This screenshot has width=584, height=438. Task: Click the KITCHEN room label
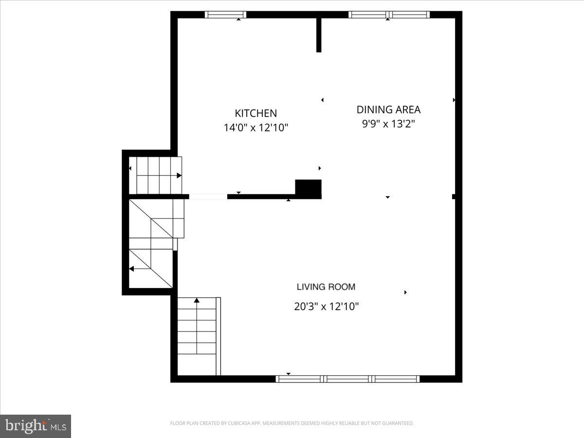[255, 113]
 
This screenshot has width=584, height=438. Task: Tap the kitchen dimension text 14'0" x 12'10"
[255, 128]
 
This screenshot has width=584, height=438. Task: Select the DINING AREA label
[388, 109]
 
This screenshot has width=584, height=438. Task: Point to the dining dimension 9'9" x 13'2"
[388, 124]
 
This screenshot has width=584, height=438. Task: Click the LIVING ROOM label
[326, 287]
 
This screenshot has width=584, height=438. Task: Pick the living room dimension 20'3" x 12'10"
[326, 307]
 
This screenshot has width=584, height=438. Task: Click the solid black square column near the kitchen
[308, 189]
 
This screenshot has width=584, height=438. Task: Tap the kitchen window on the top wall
[225, 15]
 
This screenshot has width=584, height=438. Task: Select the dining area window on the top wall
[389, 15]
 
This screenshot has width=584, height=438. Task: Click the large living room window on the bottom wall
[347, 379]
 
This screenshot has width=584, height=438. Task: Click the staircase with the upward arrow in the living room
[197, 336]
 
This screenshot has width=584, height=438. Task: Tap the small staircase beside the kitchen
[156, 175]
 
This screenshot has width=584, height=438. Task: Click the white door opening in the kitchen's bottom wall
[208, 197]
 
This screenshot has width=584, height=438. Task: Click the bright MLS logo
[36, 426]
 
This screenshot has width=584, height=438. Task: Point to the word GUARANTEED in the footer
[397, 423]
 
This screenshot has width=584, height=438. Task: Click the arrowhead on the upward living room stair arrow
[197, 300]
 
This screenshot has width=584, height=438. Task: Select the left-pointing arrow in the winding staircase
[131, 268]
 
